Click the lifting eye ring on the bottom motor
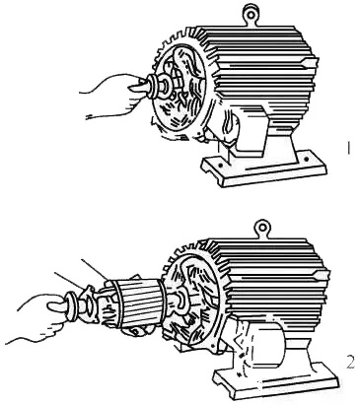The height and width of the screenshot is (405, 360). pyautogui.click(x=263, y=227)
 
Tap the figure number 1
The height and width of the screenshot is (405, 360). pyautogui.click(x=348, y=148)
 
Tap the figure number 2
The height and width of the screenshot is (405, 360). pyautogui.click(x=350, y=362)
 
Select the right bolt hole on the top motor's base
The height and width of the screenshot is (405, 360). pyautogui.click(x=307, y=160)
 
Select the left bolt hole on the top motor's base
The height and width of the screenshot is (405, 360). pyautogui.click(x=221, y=163)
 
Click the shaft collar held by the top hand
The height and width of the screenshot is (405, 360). pyautogui.click(x=152, y=85)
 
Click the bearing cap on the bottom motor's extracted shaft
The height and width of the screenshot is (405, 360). pyautogui.click(x=88, y=304)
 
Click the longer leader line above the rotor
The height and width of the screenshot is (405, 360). pyautogui.click(x=93, y=269)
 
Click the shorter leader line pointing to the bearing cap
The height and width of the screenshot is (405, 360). pyautogui.click(x=67, y=280)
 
